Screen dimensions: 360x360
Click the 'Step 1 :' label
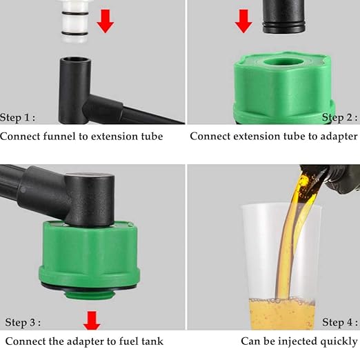pos(18,117)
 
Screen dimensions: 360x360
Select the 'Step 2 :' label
pos(340,117)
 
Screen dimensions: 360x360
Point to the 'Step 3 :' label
pos(23,322)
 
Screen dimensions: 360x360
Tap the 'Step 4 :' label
pos(340,322)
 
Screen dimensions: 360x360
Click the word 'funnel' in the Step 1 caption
pos(61,136)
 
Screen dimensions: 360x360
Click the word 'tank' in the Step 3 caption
pos(150,341)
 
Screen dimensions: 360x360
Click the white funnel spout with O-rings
pos(72,21)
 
